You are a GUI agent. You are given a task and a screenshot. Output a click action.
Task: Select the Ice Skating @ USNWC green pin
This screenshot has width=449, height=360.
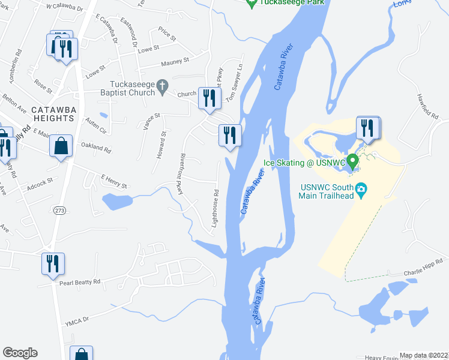[353, 161]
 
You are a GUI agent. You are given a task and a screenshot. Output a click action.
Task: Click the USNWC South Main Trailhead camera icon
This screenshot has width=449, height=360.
[361, 190]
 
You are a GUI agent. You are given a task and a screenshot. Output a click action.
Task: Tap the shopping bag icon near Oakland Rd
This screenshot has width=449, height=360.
[61, 146]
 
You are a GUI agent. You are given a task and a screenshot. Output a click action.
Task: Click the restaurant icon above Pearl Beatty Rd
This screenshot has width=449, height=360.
[53, 263]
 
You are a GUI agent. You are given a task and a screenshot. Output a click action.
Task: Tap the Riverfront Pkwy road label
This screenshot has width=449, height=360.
[179, 173]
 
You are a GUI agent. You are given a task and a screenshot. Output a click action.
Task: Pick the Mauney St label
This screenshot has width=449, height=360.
[175, 60]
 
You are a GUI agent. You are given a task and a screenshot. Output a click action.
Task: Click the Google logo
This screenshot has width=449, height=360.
[20, 353]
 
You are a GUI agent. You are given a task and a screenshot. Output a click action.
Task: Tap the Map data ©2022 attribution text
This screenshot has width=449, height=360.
[423, 355]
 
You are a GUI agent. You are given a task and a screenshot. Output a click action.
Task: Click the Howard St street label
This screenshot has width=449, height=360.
[160, 145]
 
